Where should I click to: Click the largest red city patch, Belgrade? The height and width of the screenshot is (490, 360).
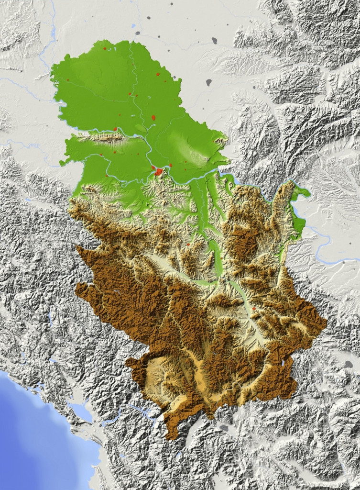158,171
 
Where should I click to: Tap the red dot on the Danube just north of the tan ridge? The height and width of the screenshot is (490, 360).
115,129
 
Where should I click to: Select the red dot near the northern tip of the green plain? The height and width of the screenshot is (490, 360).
104,48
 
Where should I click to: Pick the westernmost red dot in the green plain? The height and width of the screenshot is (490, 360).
68,79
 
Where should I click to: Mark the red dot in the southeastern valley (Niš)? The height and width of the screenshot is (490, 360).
254,309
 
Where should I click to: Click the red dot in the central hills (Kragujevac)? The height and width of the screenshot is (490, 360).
188,245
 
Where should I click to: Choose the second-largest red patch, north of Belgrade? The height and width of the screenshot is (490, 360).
153,117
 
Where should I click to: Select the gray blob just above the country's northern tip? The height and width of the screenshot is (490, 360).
138,33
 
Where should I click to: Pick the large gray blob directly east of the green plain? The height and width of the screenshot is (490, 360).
209,82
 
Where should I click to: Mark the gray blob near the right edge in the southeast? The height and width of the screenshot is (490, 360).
349,365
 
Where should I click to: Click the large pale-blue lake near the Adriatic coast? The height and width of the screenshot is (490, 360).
80,411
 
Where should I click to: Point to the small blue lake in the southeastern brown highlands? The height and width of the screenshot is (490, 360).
286,363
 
